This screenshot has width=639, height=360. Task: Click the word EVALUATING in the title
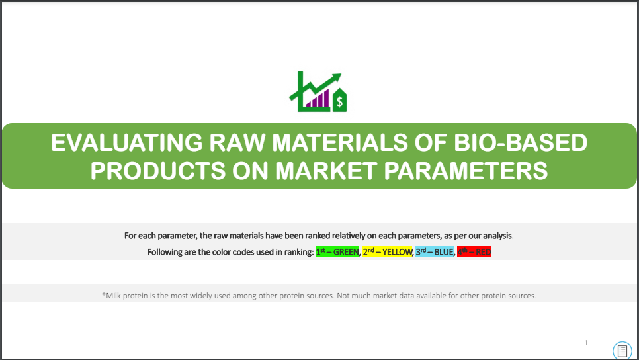[x=126, y=143]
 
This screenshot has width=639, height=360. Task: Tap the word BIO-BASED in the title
[x=521, y=143]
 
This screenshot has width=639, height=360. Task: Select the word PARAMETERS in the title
[x=466, y=171]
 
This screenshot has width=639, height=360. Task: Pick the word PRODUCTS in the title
[x=157, y=171]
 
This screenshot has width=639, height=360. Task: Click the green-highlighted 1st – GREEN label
[x=337, y=252]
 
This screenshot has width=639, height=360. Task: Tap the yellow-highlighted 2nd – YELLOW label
[x=388, y=252]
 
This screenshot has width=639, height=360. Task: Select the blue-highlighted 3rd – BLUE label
[x=435, y=252]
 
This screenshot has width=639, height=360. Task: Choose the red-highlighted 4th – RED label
[x=474, y=252]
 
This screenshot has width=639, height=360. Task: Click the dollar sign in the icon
[x=339, y=101]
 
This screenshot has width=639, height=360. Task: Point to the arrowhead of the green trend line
[x=337, y=77]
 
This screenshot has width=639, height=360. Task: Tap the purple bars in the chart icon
[x=318, y=99]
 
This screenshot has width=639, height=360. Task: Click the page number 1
[x=587, y=343]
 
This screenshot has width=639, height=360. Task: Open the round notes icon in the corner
[x=622, y=350]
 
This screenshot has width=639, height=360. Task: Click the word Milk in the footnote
[x=114, y=296]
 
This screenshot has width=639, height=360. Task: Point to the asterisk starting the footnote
[x=103, y=294]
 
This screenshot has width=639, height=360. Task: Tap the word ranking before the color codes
[x=299, y=252]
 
